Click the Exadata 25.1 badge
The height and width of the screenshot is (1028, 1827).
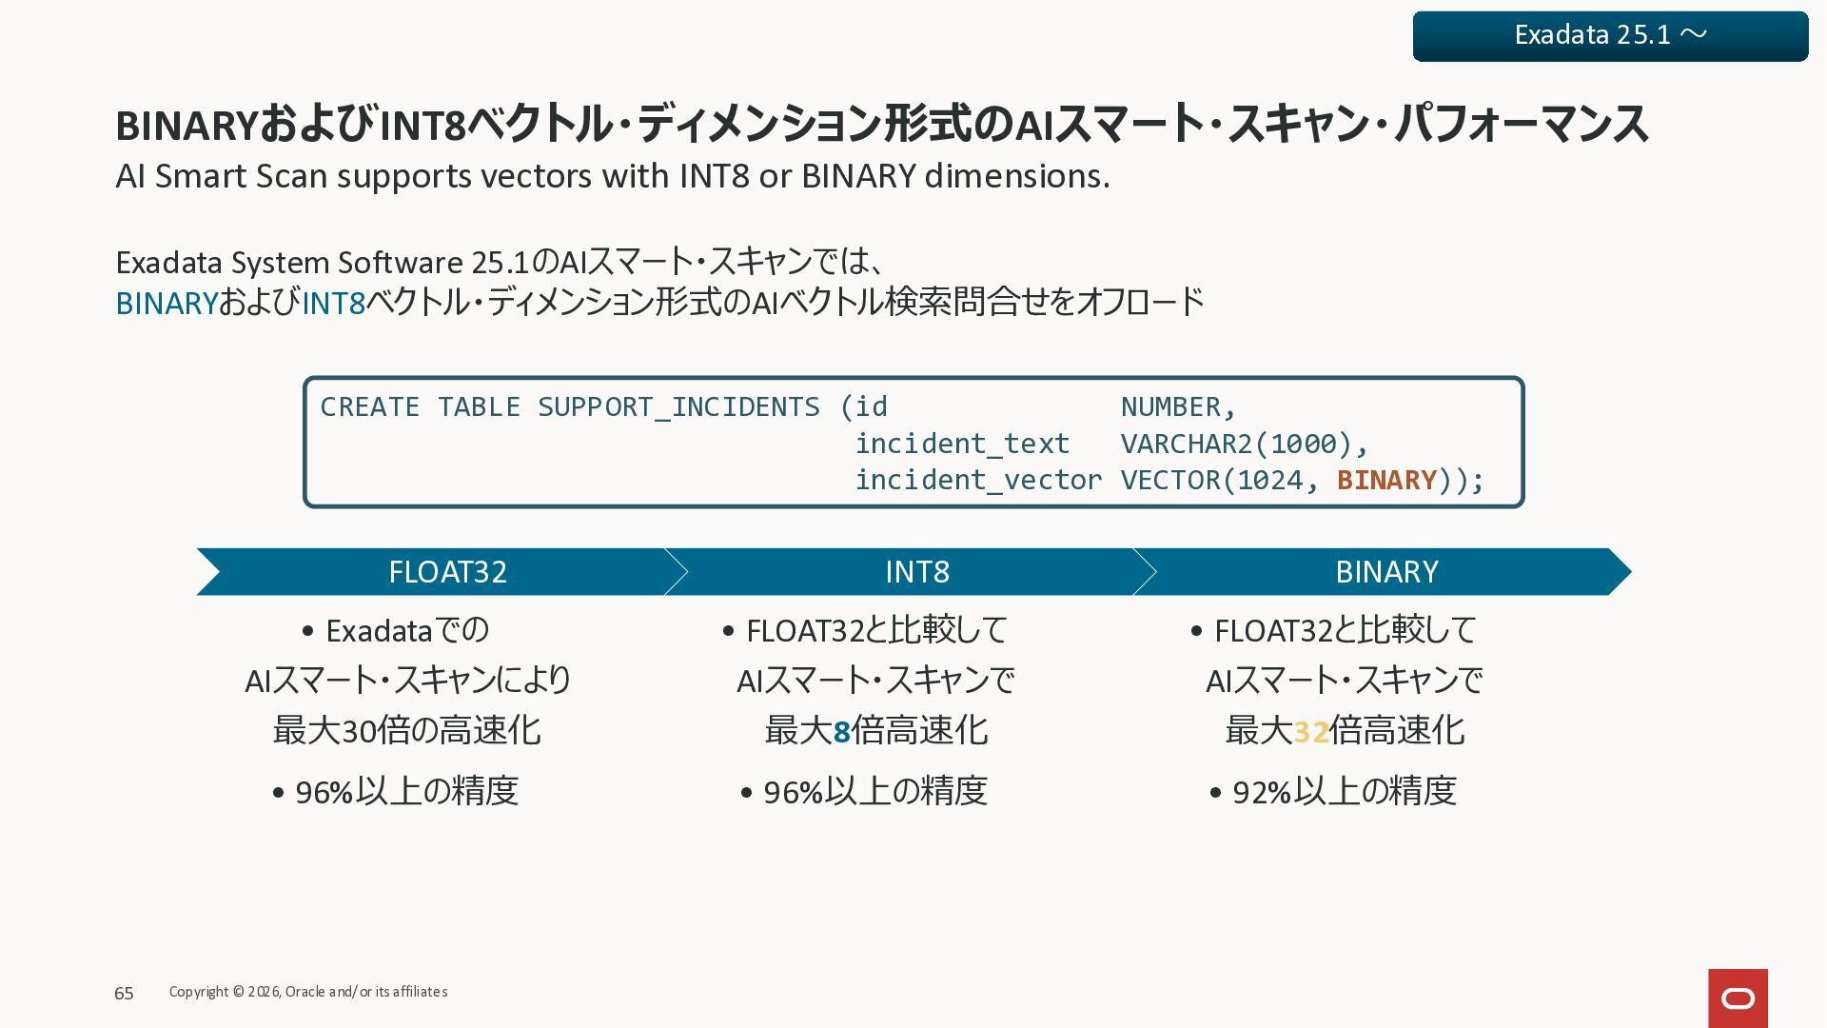(x=1610, y=36)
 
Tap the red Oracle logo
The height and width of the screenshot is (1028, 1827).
(x=1738, y=998)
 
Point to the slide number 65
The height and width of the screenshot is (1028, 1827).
(x=124, y=993)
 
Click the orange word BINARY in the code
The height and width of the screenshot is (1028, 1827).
(x=1386, y=480)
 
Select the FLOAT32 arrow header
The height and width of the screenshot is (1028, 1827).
(x=447, y=571)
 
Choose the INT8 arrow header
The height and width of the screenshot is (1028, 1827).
(x=916, y=571)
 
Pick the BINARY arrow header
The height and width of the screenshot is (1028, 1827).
(x=1385, y=571)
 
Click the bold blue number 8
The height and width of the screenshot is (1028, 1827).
(x=841, y=731)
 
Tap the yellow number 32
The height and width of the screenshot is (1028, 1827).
(x=1310, y=731)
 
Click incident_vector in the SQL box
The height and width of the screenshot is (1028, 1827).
(x=978, y=480)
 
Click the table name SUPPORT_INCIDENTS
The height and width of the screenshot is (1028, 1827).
(x=678, y=407)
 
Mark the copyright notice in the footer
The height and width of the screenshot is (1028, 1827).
(x=308, y=992)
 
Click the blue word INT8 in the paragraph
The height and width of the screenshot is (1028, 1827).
(x=334, y=303)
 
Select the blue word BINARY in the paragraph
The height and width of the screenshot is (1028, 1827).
(x=167, y=303)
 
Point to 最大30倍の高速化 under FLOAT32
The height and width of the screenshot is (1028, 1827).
(x=406, y=731)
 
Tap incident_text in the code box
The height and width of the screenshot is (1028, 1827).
(x=962, y=444)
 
